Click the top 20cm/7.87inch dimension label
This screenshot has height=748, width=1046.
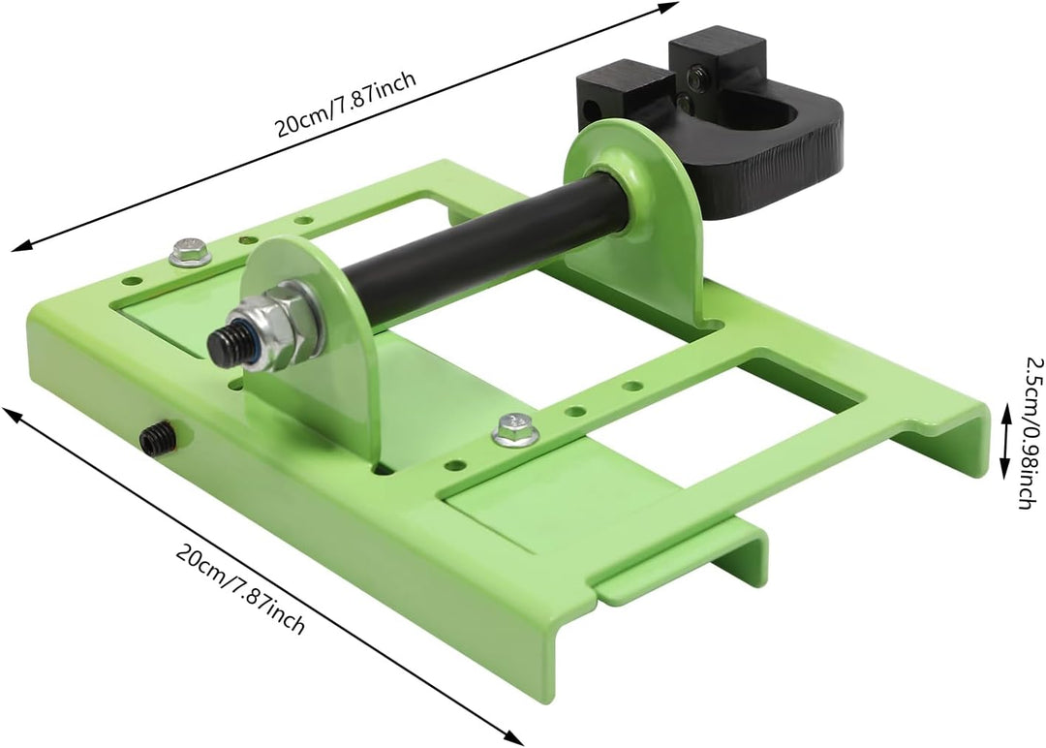pyautogui.click(x=346, y=104)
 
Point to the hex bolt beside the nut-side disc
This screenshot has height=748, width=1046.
pyautogui.click(x=190, y=251)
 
